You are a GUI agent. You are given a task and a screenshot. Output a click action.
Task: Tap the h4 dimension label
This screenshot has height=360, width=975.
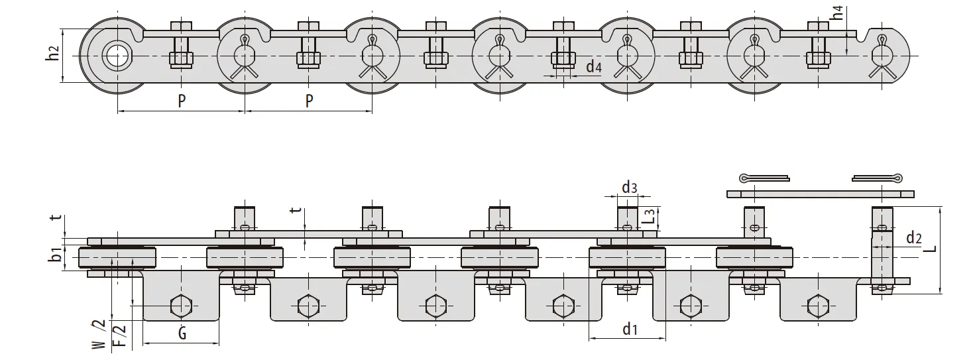click(838, 13)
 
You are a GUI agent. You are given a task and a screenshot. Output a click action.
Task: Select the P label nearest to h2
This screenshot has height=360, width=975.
click(182, 101)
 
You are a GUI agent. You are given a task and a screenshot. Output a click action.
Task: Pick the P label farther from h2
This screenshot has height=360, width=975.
click(309, 101)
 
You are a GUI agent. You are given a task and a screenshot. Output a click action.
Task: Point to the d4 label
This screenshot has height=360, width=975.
click(594, 66)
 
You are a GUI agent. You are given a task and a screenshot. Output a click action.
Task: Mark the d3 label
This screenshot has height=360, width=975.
click(629, 187)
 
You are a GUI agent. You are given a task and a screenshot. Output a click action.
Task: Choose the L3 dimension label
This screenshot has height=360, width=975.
click(650, 215)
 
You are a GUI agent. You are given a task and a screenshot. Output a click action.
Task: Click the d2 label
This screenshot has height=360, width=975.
click(913, 237)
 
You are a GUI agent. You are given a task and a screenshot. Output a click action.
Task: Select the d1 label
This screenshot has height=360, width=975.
click(630, 329)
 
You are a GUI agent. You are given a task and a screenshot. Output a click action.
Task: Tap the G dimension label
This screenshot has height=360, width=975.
click(182, 332)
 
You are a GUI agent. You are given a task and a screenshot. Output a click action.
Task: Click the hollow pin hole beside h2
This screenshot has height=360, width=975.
click(117, 54)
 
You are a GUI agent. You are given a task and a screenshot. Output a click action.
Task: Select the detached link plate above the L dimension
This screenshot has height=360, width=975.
click(820, 194)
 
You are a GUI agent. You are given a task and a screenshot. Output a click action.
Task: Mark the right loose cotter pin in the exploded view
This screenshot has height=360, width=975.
click(876, 178)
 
